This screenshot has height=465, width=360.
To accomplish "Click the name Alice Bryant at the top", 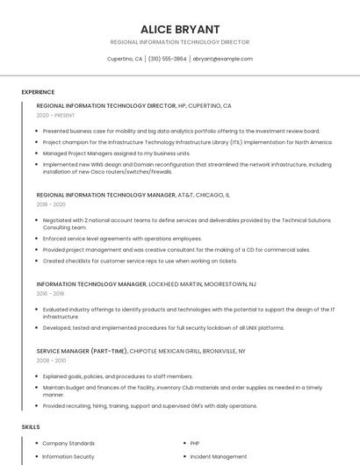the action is (x=180, y=28).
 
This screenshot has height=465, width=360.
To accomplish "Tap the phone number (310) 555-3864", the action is (x=167, y=59).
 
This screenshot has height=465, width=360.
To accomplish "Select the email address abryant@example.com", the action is (x=223, y=59).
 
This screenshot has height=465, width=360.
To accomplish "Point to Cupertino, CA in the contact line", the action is (x=125, y=59).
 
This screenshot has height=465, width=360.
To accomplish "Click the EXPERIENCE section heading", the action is (x=38, y=91).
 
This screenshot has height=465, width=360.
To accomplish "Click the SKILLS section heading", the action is (x=30, y=426).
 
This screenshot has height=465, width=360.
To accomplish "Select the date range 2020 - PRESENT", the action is (x=56, y=116).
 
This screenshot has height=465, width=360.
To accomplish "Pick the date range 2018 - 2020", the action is (x=52, y=204).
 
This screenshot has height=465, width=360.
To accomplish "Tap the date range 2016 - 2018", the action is (x=51, y=294).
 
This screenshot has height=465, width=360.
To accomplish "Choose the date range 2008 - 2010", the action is (x=51, y=361).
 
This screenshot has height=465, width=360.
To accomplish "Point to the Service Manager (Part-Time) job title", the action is (x=83, y=351).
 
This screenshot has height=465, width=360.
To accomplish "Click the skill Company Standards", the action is (x=68, y=443).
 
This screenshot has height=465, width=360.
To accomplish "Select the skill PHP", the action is (x=196, y=443).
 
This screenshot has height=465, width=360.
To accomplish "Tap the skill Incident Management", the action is (x=219, y=456).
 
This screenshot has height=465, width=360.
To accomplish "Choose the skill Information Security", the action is (x=68, y=456).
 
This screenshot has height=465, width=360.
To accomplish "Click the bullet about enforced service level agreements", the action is (x=122, y=239).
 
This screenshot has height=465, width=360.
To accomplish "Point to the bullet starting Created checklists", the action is (x=140, y=261).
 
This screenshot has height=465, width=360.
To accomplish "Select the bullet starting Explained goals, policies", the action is (x=118, y=376).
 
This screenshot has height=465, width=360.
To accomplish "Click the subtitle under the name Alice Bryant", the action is (x=180, y=42).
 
